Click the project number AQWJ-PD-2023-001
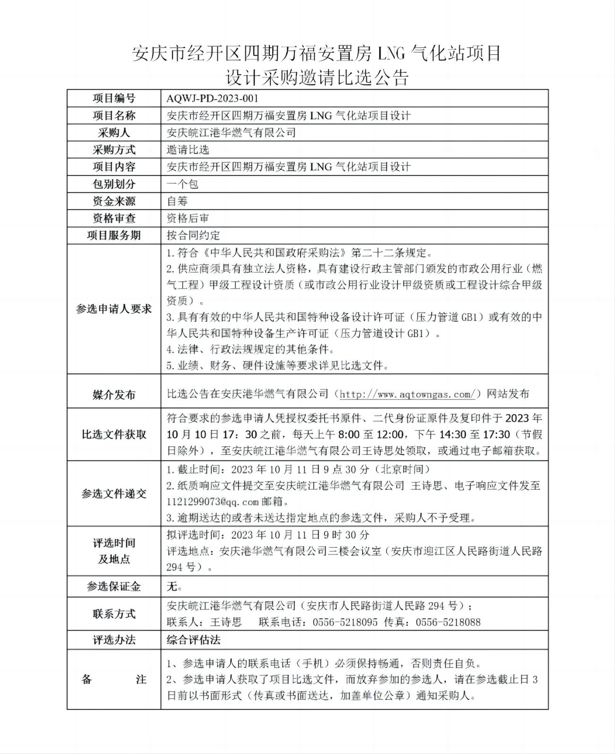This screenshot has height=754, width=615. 213,98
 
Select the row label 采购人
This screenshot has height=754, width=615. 114,132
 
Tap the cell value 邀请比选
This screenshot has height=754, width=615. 188,150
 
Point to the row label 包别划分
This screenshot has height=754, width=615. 114,184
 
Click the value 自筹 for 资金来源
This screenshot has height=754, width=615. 177,201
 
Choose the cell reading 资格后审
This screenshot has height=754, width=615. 188,218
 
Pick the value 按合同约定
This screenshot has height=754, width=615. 193,235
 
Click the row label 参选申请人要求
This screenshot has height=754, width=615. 114,309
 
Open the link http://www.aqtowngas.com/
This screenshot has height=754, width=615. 407,394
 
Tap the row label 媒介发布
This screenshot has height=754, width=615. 114,394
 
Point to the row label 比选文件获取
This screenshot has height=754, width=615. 114,434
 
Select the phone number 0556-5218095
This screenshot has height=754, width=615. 345,622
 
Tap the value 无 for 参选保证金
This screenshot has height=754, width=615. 173,587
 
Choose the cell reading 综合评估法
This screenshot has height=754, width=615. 193,640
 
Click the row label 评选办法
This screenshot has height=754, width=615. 114,640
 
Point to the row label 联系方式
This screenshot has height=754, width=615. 114,614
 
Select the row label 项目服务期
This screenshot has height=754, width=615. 114,235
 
